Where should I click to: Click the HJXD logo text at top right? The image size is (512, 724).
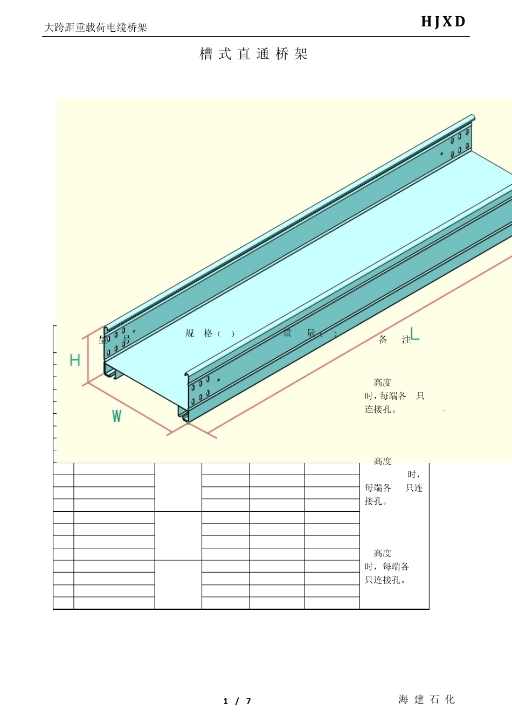tap(443, 22)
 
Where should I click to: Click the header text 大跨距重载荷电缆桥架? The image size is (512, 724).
tap(95, 27)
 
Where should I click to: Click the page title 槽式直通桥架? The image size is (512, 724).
tap(253, 54)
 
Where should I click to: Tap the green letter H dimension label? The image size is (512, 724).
tap(75, 360)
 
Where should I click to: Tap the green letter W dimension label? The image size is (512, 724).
tap(116, 416)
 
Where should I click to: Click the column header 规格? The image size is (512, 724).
tap(199, 333)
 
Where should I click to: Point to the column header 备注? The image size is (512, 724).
tap(395, 340)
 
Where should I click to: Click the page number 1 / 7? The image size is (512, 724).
tap(237, 701)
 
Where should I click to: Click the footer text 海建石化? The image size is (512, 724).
tap(427, 699)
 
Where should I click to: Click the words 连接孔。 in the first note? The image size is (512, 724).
tap(380, 409)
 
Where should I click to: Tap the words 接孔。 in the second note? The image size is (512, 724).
tap(376, 502)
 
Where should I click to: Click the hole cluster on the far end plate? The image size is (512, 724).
tap(459, 143)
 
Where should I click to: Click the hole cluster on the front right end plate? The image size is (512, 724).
tap(200, 391)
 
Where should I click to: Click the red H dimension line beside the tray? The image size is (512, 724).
tap(88, 359)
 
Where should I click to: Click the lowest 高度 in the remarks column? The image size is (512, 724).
tap(383, 553)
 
